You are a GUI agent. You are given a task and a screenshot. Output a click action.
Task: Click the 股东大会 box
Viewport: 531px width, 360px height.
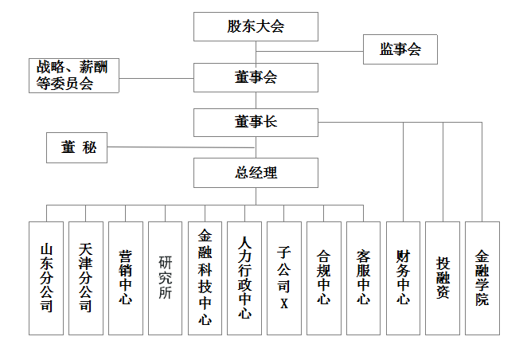tap(256, 26)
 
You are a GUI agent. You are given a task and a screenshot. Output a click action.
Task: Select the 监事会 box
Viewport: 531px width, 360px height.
tap(400, 50)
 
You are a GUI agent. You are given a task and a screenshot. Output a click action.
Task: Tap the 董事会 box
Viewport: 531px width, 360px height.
tap(256, 78)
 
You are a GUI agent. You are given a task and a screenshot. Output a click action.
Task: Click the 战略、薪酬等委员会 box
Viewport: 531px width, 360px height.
tap(73, 76)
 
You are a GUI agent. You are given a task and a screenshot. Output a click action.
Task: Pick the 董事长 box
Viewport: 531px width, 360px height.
tap(256, 122)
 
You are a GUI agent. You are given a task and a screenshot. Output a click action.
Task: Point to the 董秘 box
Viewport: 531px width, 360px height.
tap(78, 148)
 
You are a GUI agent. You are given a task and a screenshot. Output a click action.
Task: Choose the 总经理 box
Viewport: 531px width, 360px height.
tap(256, 172)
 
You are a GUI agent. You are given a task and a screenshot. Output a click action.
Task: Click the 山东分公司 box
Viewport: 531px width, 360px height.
tap(46, 278)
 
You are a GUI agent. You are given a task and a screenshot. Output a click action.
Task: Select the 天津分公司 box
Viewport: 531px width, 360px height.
tap(86, 278)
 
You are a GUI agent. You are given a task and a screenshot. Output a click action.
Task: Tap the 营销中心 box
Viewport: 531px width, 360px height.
tap(126, 278)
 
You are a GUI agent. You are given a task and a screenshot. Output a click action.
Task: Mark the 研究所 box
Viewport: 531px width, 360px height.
tap(166, 278)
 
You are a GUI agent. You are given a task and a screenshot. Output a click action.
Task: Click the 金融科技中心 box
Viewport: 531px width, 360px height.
tap(205, 278)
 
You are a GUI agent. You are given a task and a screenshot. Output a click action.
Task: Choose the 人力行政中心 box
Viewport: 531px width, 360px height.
tap(244, 278)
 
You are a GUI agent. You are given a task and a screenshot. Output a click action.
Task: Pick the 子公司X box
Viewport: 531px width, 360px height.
tap(284, 278)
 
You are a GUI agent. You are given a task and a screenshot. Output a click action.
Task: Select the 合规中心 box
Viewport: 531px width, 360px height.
tap(324, 278)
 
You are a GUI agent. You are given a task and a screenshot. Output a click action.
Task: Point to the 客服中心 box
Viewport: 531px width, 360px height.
tap(364, 278)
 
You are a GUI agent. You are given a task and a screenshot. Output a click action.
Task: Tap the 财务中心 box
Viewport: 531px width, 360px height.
tap(403, 278)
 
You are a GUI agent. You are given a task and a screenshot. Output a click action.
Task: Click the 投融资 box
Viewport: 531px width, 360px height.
tap(443, 278)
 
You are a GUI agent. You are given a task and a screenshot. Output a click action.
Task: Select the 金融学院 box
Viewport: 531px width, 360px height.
tap(482, 278)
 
